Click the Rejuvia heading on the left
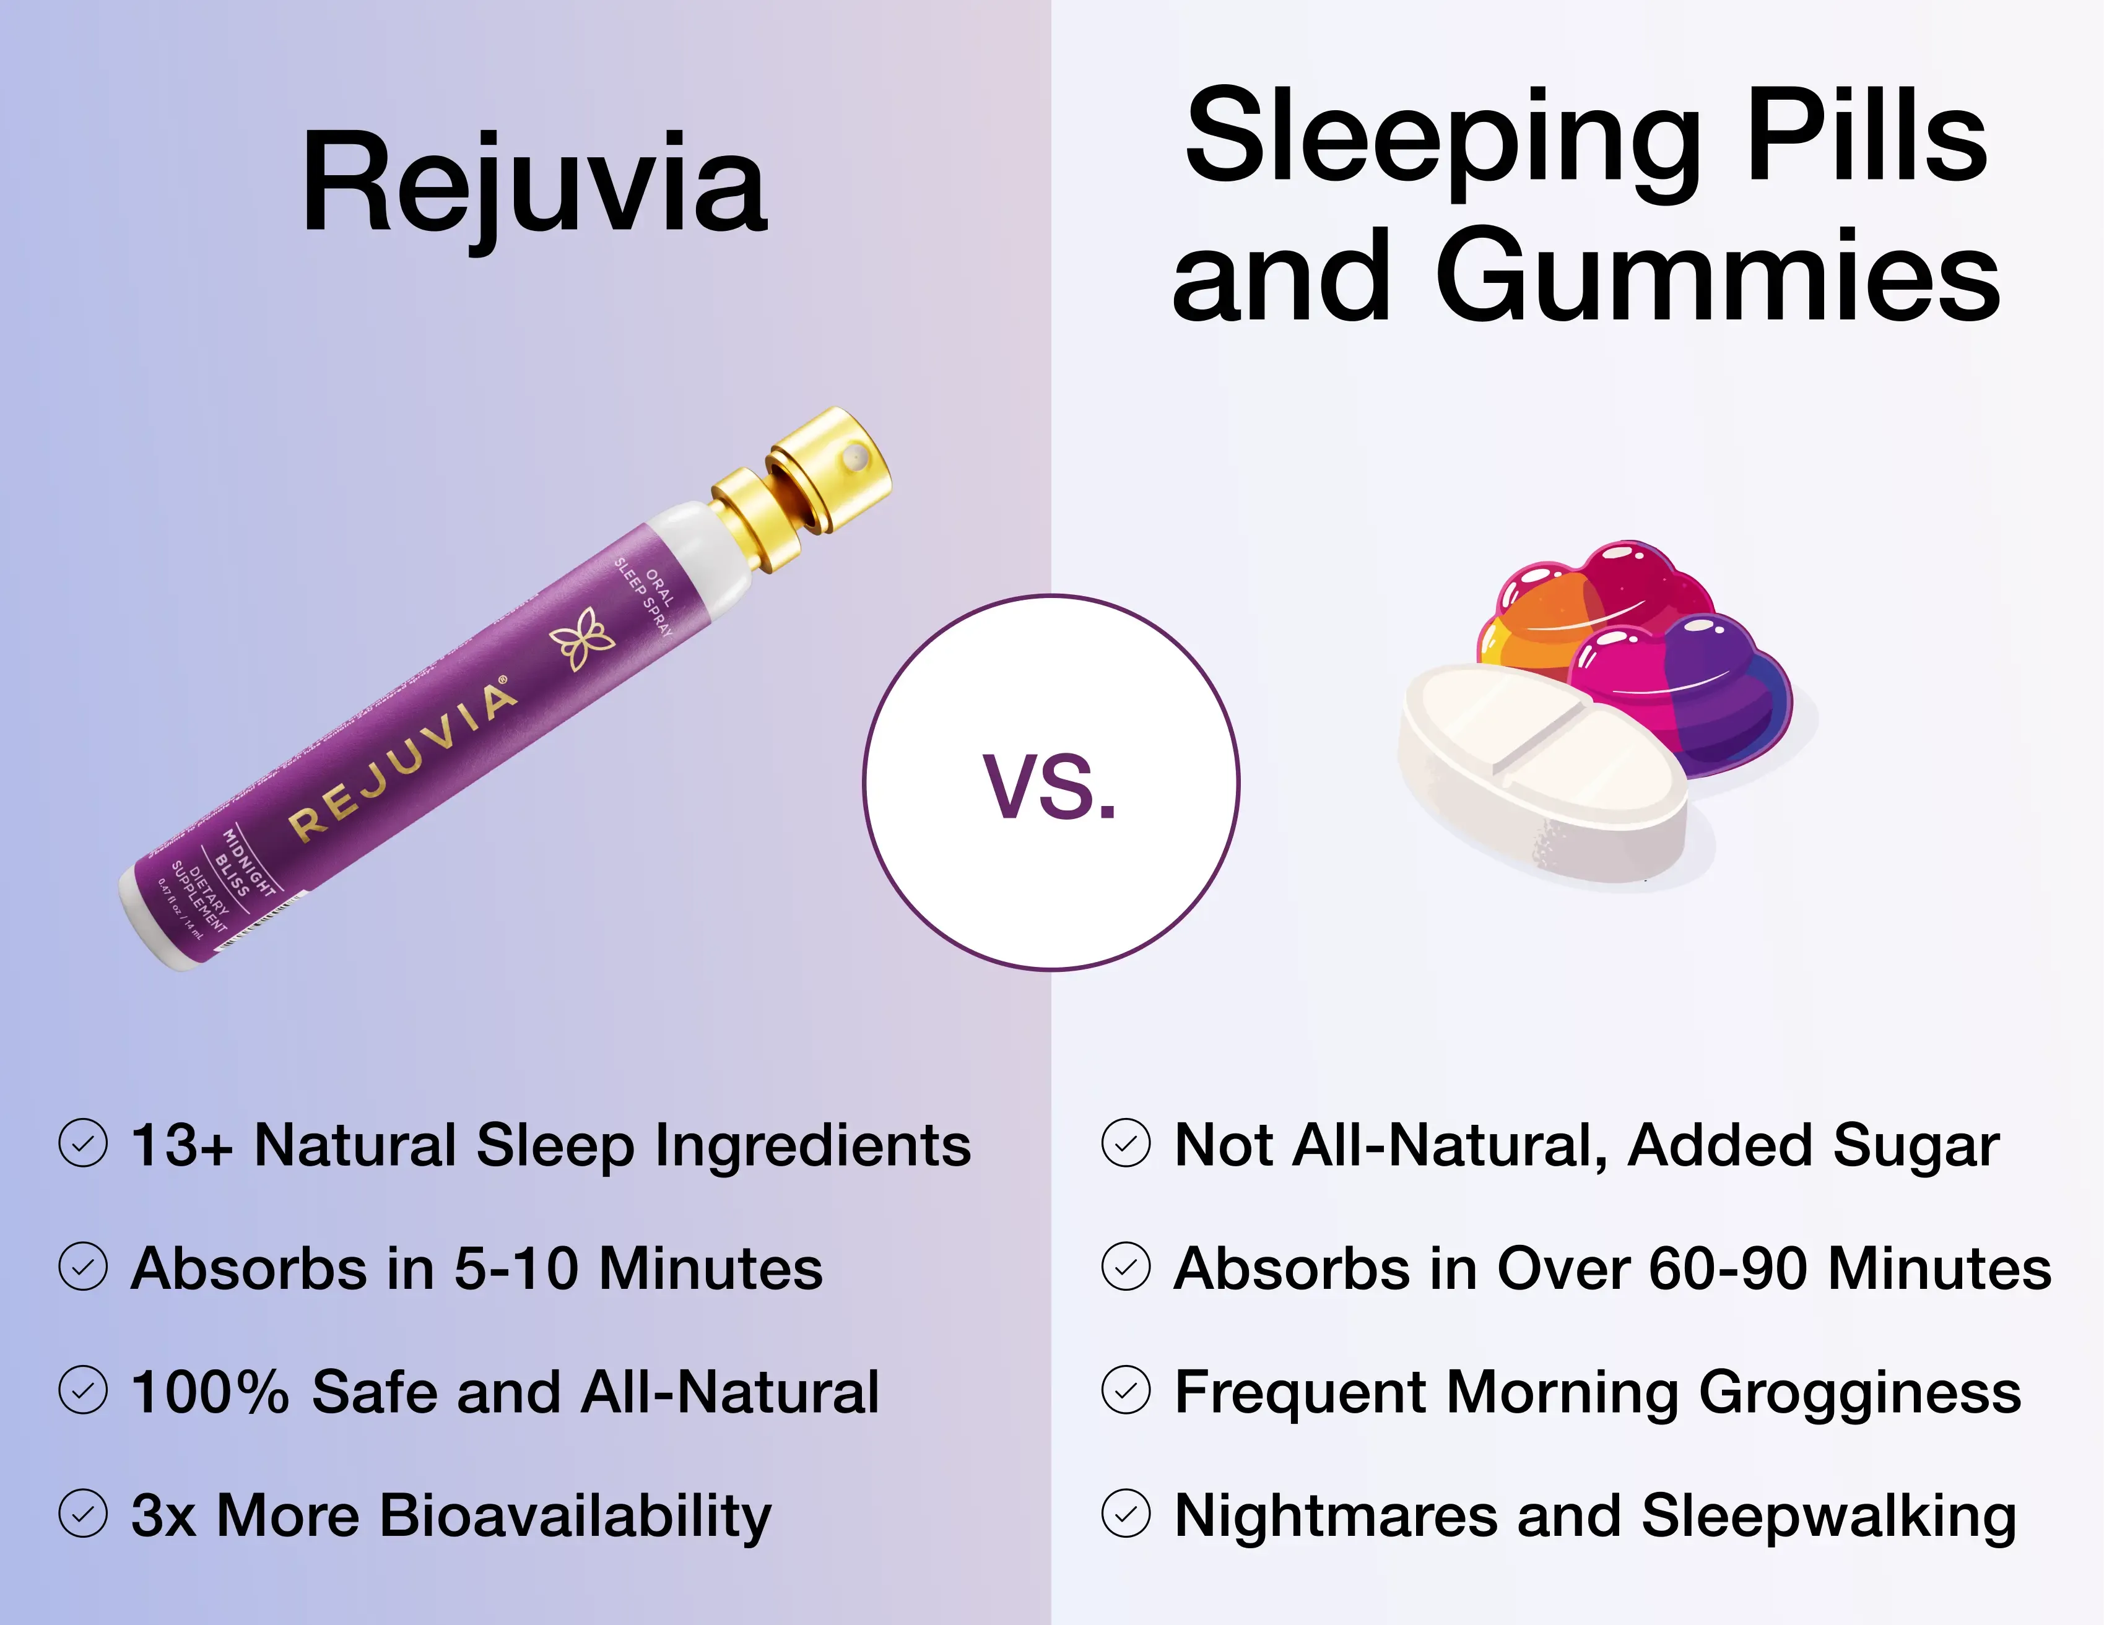pyautogui.click(x=535, y=183)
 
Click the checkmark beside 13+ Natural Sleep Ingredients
pyautogui.click(x=83, y=1143)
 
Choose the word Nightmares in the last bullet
pyautogui.click(x=1335, y=1515)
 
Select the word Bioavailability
pyautogui.click(x=575, y=1516)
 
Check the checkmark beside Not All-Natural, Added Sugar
pyautogui.click(x=1125, y=1143)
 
